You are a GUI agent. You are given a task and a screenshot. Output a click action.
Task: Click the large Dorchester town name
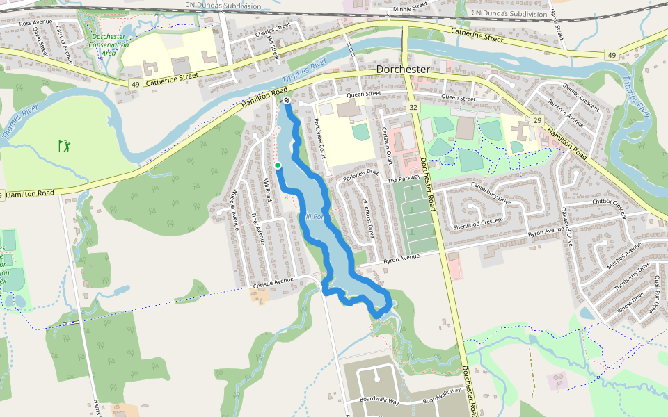pos(403,70)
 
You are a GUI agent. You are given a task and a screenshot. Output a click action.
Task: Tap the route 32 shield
pos(413,108)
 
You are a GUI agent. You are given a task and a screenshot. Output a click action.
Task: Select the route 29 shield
pos(536,120)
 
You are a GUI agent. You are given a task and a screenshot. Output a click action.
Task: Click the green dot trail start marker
pos(277,165)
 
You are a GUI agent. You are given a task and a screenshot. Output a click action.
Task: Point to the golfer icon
pos(65,146)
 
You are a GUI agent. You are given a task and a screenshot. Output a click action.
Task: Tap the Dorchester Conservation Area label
pos(109,44)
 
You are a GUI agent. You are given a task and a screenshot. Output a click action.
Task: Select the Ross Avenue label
pos(35,23)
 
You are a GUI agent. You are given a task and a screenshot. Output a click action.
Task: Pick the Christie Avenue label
pos(275,284)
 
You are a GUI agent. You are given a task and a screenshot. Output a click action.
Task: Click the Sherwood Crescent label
pos(477,222)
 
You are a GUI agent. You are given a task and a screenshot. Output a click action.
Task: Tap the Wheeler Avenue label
pos(234,209)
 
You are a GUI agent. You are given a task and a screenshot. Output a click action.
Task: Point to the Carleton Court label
pos(387,145)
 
